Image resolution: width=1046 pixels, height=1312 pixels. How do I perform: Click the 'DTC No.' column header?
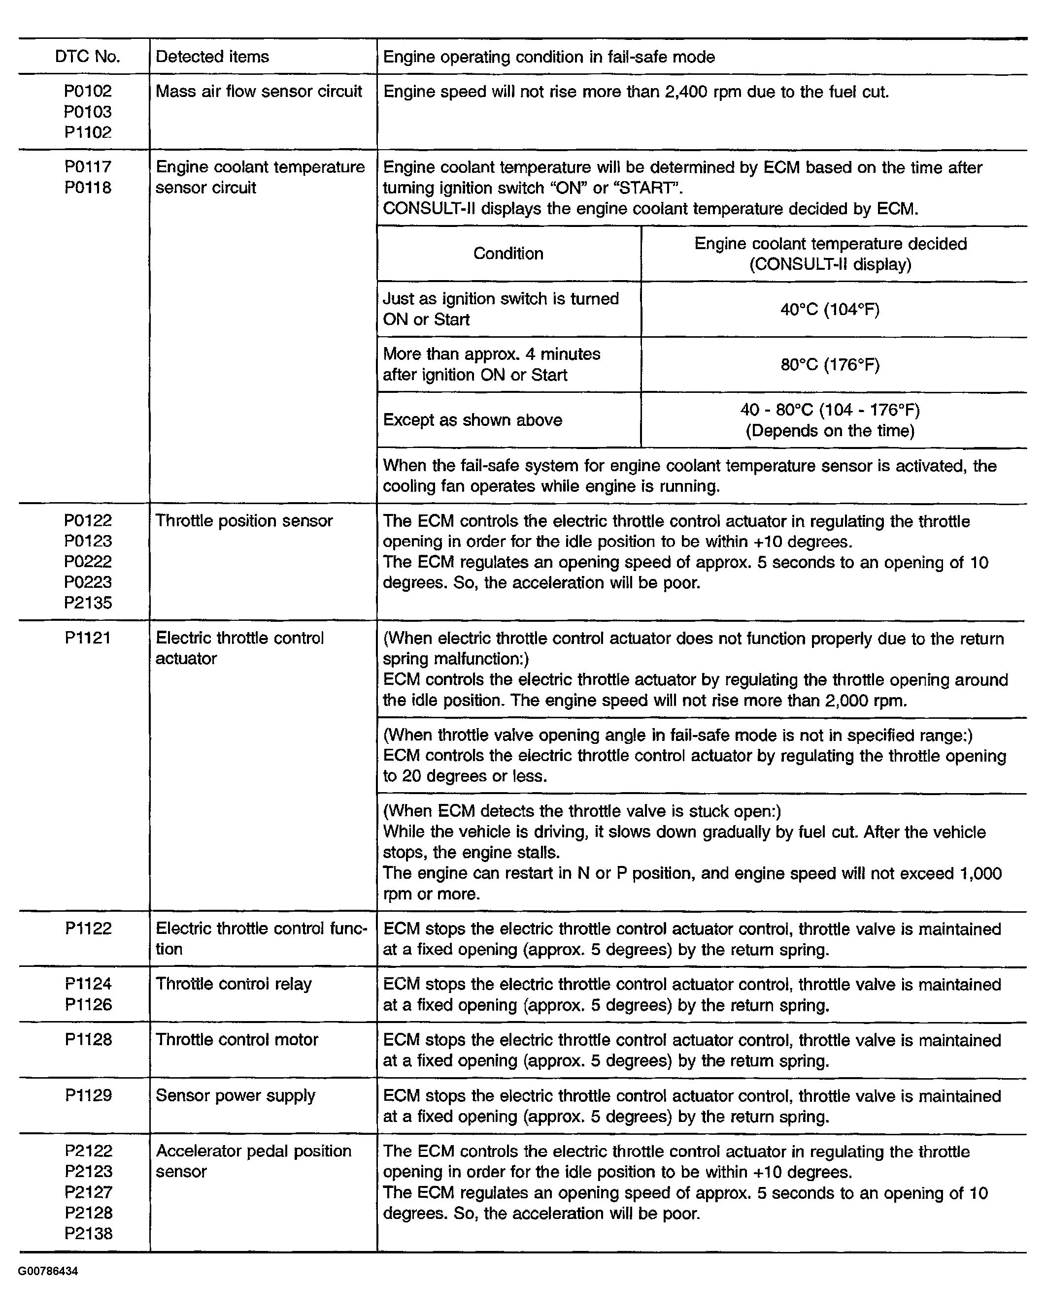(x=87, y=57)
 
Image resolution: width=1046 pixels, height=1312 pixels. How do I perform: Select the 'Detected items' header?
(x=212, y=57)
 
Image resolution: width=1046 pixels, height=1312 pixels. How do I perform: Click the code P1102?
(x=88, y=132)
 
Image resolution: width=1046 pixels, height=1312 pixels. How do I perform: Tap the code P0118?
(x=88, y=188)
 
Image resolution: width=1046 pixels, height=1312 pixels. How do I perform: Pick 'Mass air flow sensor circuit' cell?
(x=259, y=91)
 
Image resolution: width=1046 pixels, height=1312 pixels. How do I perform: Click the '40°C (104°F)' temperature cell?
(x=830, y=310)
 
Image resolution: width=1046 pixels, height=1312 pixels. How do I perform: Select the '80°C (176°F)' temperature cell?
(x=830, y=365)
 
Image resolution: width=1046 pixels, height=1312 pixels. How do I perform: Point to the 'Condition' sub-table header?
(x=508, y=254)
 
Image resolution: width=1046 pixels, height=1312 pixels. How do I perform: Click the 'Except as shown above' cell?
(x=472, y=420)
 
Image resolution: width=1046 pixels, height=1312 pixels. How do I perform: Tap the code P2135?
(x=88, y=603)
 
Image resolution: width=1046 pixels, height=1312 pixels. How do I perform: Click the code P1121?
(x=88, y=638)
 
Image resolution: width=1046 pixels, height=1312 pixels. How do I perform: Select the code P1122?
(x=88, y=928)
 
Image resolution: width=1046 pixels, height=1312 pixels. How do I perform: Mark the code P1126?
(x=88, y=1005)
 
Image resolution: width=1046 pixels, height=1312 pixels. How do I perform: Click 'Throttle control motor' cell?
(x=237, y=1039)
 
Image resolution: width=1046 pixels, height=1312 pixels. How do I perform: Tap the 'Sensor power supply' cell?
(x=236, y=1095)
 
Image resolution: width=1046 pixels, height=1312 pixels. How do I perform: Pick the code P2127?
(x=88, y=1192)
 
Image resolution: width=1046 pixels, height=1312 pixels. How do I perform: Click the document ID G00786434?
(x=48, y=1272)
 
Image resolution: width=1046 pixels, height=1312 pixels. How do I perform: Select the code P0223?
(x=88, y=582)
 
